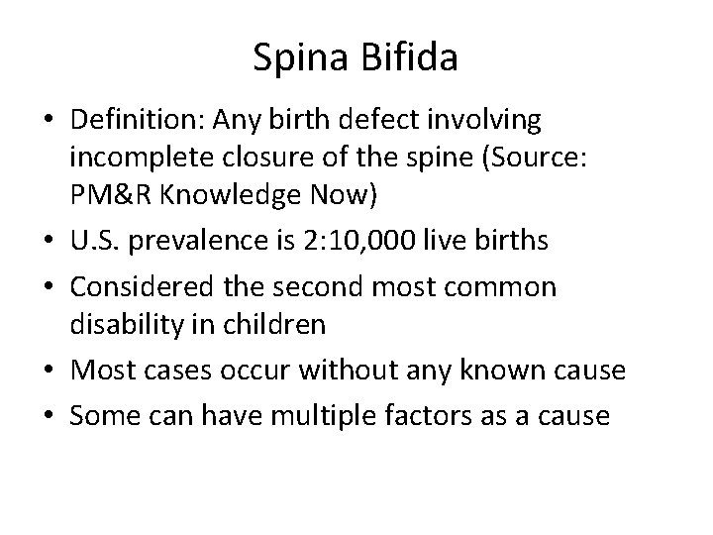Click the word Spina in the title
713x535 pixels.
click(x=297, y=59)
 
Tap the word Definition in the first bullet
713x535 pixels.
click(x=159, y=121)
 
